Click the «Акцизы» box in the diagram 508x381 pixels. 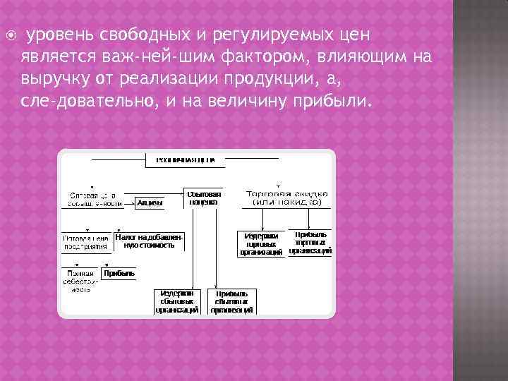[150, 202]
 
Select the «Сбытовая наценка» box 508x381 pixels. [203, 198]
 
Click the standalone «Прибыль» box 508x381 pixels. [119, 273]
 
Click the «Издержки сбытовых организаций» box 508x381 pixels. [177, 301]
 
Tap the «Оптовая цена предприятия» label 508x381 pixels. [86, 242]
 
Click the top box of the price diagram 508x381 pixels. [185, 160]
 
